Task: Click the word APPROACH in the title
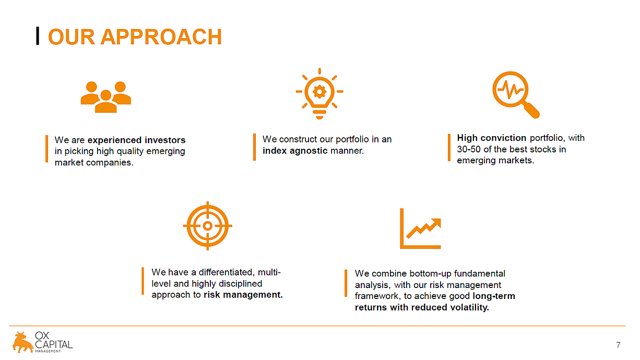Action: tap(161, 37)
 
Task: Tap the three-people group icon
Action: tap(106, 97)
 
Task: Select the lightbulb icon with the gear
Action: tap(319, 93)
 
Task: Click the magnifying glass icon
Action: tap(516, 95)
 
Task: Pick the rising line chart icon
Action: tap(420, 229)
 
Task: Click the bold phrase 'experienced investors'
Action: tap(136, 140)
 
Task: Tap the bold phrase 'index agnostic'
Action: tap(295, 151)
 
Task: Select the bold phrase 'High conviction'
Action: tap(491, 138)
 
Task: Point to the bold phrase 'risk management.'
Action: tap(243, 295)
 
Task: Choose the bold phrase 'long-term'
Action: tap(494, 296)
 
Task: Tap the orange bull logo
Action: tap(23, 342)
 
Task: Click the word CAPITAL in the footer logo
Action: tap(54, 344)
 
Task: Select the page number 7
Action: tap(618, 345)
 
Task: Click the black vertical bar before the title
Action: tap(38, 36)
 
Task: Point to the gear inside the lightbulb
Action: tap(319, 92)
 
